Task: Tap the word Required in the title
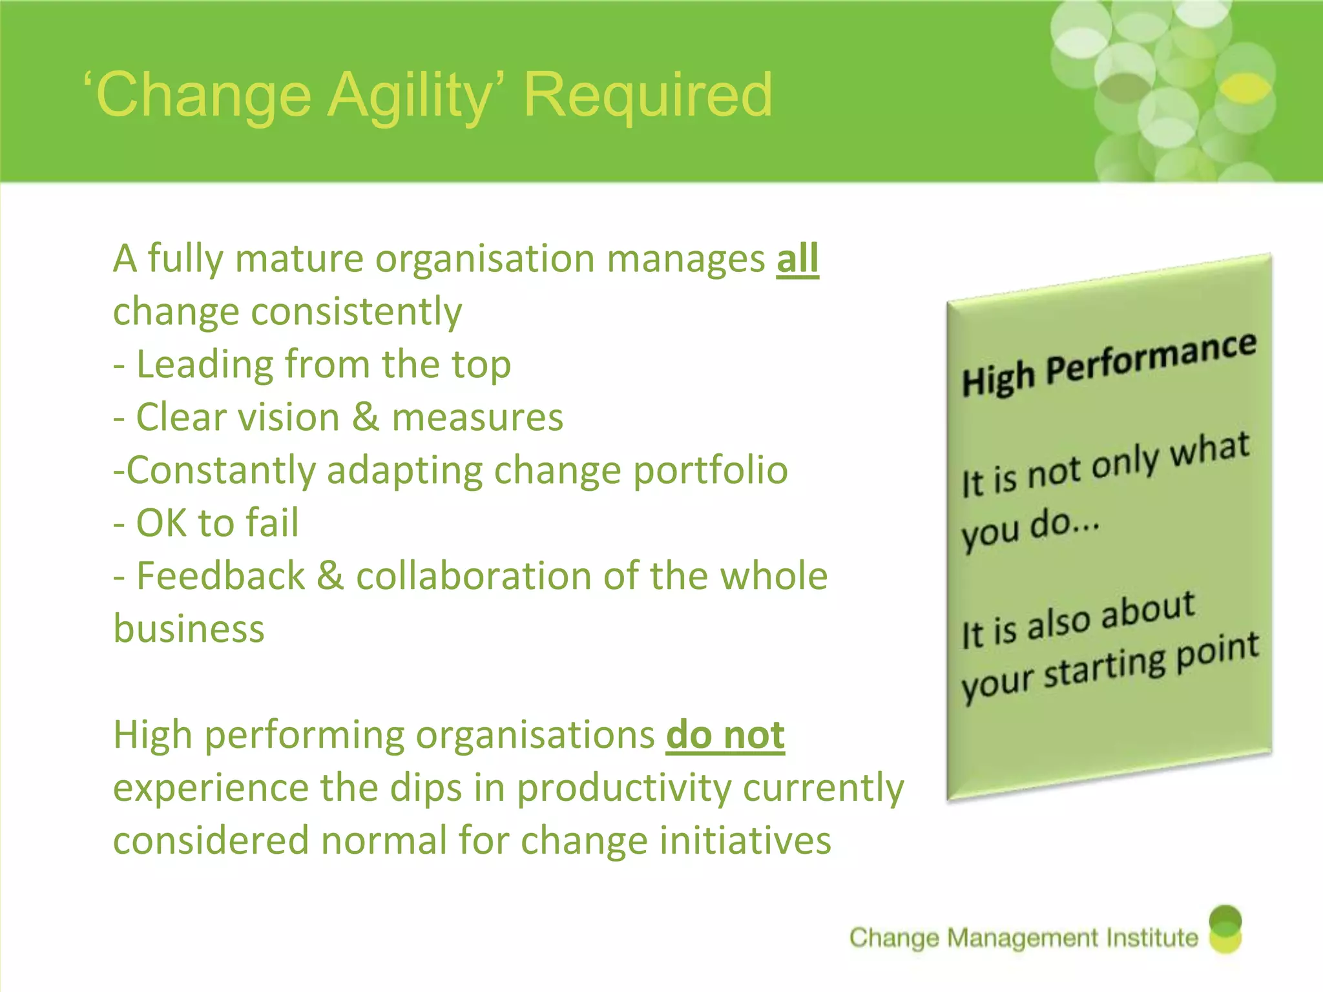click(647, 96)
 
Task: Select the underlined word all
click(797, 259)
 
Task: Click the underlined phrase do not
click(725, 735)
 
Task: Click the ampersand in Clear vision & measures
click(365, 417)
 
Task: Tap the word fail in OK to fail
click(272, 522)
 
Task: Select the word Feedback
click(220, 575)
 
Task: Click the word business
click(189, 629)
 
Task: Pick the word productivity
click(624, 789)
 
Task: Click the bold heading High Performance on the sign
click(1109, 365)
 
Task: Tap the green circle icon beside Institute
click(1225, 929)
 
